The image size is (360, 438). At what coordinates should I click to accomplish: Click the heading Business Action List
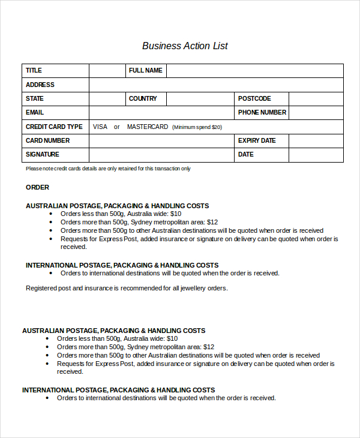pos(185,46)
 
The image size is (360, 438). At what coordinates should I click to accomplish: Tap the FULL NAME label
pos(145,71)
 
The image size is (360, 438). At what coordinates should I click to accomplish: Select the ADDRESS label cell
pos(40,85)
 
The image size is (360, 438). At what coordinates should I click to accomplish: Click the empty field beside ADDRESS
pos(216,85)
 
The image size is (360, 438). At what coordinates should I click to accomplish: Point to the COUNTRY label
pos(143,98)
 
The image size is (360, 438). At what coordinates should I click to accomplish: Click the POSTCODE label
pos(254,98)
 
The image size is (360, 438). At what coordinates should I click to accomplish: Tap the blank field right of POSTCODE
pos(316,98)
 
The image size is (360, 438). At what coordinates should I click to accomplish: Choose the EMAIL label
pos(35,112)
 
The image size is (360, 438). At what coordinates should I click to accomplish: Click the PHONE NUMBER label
pos(262,112)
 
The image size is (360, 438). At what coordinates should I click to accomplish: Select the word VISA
pos(100,127)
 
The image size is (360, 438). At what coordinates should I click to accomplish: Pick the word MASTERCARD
pos(148,127)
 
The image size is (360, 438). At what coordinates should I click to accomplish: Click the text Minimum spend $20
pos(197,127)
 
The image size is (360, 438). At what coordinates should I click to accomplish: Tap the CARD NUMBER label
pos(47,140)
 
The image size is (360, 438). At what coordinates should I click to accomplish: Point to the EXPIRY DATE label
pos(257,140)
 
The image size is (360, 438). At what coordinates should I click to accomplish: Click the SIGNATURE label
pos(43,154)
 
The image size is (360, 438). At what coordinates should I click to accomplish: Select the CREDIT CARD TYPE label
pos(54,127)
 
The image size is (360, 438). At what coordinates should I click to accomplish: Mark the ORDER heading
pos(37,187)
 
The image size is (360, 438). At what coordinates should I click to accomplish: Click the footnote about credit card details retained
pos(108,169)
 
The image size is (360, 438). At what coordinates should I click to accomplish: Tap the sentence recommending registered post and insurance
pos(127,288)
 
